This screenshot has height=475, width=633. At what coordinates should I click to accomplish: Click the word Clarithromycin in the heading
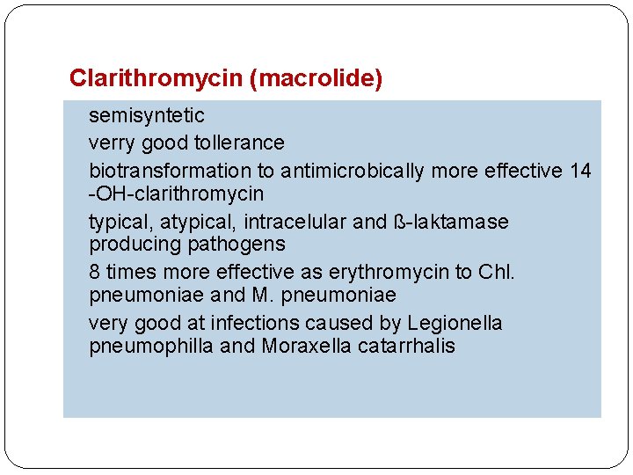point(156,79)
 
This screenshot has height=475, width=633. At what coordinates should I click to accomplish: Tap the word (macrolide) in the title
point(316,79)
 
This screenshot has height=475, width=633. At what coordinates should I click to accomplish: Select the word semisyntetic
point(147,115)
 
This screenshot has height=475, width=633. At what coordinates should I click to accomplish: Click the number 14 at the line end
point(580,171)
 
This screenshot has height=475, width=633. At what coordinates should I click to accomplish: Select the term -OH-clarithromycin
point(176,193)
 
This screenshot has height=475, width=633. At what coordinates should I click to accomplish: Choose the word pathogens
point(242,244)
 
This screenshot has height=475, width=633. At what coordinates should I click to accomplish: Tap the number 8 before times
point(95,272)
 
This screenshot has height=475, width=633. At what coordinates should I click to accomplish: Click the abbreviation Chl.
point(497,272)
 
